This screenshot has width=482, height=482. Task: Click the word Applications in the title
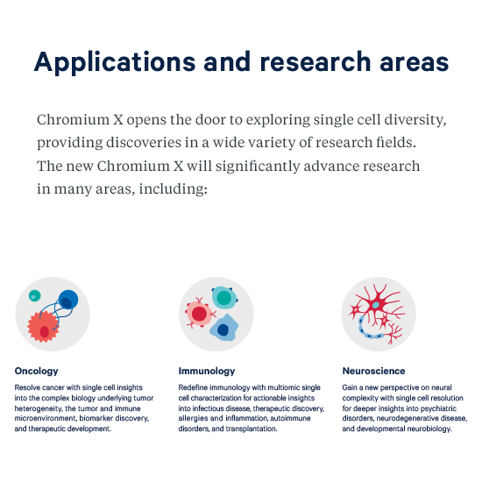coord(115,63)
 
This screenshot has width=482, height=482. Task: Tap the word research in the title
coord(315,62)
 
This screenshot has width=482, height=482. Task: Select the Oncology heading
coord(36,371)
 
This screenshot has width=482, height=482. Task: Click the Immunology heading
coord(207,371)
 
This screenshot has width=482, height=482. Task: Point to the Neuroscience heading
coord(373,371)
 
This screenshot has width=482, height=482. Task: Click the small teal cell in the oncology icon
coord(34,295)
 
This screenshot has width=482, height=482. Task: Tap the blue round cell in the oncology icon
coord(68,300)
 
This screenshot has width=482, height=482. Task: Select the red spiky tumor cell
coord(43,327)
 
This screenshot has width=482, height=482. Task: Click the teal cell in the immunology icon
coord(224,297)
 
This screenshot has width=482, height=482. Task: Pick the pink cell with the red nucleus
coord(199,314)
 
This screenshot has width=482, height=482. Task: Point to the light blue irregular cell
coord(223,328)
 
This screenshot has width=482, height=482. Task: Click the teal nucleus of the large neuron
coord(376,305)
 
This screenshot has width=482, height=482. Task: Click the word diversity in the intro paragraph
coord(415,120)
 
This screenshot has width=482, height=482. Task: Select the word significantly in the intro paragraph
coord(258,167)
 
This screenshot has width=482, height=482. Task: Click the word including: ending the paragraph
coord(173,188)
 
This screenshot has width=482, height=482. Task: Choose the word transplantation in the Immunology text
coord(252,429)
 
